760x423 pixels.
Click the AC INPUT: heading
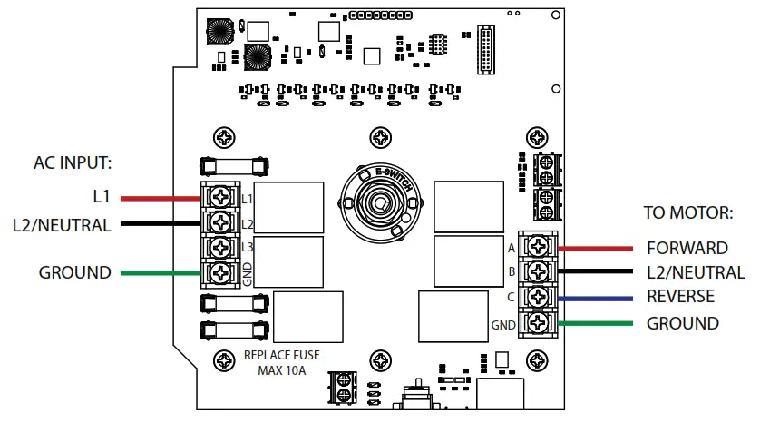point(73,163)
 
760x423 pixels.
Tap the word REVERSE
point(680,297)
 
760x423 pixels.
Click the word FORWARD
point(687,248)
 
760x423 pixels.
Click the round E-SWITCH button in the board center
point(379,200)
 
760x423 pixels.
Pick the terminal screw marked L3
point(220,247)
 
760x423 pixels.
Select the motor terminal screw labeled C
point(541,297)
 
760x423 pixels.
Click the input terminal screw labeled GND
point(220,272)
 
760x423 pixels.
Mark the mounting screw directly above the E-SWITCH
point(379,138)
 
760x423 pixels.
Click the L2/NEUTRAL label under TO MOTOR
point(696,272)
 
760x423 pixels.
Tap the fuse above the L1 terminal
point(234,165)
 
